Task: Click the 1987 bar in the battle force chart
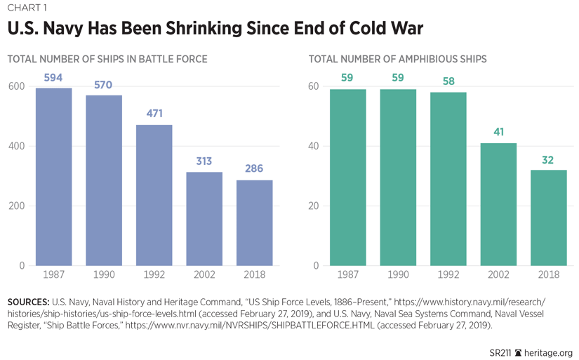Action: [x=53, y=177]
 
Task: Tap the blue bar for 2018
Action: [x=254, y=223]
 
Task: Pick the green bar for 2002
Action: [x=499, y=204]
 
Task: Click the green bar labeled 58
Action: [x=448, y=179]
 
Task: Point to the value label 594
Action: [x=53, y=78]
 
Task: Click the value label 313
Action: [x=204, y=161]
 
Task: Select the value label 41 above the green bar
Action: [x=499, y=132]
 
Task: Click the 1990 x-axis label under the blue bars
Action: [x=103, y=274]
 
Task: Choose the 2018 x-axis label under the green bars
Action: [x=549, y=274]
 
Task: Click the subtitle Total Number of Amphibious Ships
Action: [x=397, y=60]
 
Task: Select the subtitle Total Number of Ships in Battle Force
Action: [x=107, y=60]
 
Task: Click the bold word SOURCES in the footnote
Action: [x=28, y=302]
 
